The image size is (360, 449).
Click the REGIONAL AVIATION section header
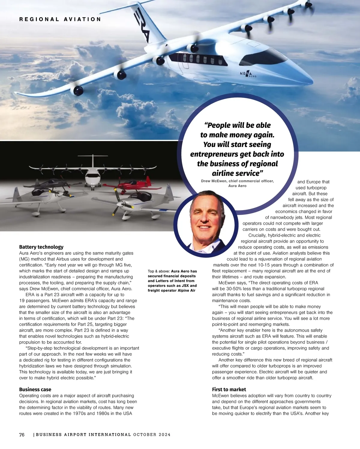(60, 20)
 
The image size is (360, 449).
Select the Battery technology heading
(41, 247)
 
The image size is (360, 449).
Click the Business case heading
(35, 390)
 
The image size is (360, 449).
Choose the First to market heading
(229, 390)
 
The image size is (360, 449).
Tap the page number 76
(22, 435)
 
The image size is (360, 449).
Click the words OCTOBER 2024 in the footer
(152, 435)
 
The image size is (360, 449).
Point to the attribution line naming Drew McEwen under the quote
(237, 183)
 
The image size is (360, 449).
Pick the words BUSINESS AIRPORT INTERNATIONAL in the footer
(83, 435)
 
